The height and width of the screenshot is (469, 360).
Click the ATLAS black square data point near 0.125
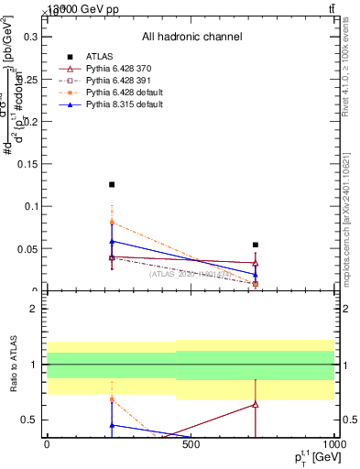tap(112, 184)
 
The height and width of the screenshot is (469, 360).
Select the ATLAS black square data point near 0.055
tap(256, 245)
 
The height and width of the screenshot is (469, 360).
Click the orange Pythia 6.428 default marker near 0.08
tap(112, 223)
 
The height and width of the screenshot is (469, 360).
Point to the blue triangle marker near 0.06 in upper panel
tap(112, 241)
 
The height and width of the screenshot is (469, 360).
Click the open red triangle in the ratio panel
tap(256, 404)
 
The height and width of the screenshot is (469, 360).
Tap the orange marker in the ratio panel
tap(112, 399)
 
